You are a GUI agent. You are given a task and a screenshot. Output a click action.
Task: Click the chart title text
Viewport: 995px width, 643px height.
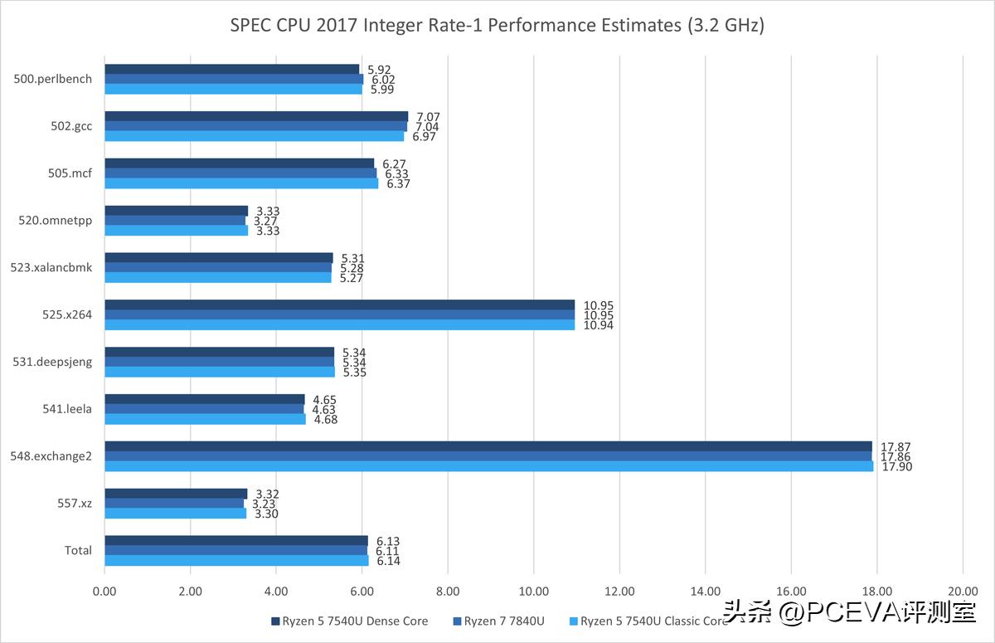tap(497, 25)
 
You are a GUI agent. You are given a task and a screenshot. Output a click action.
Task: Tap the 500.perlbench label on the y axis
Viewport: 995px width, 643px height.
tap(53, 80)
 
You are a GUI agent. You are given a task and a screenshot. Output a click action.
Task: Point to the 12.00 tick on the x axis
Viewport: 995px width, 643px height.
tap(619, 592)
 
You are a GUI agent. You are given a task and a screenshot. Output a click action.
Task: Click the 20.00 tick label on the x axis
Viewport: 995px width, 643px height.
tap(962, 592)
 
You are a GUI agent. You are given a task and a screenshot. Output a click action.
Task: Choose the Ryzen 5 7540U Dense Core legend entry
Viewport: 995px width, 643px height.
tap(349, 621)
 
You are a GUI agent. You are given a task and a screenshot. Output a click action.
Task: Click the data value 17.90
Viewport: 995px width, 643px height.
tap(895, 466)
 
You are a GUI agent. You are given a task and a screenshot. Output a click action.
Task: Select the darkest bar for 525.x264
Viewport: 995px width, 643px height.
tap(339, 305)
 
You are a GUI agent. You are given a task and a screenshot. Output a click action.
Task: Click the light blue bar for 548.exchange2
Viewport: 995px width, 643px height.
tap(488, 466)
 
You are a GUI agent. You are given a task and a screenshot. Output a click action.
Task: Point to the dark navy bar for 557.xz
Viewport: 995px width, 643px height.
tap(176, 494)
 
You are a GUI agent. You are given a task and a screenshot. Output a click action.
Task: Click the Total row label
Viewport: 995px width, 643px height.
tap(78, 550)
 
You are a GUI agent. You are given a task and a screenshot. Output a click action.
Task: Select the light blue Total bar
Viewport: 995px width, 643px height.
tap(236, 561)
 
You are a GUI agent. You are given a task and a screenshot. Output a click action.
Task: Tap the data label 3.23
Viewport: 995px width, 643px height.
tap(264, 504)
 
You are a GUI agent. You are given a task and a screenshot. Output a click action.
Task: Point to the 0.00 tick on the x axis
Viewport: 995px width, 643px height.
tap(104, 592)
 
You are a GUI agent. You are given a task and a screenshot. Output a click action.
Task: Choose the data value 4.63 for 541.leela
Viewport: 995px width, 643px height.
tap(324, 409)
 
